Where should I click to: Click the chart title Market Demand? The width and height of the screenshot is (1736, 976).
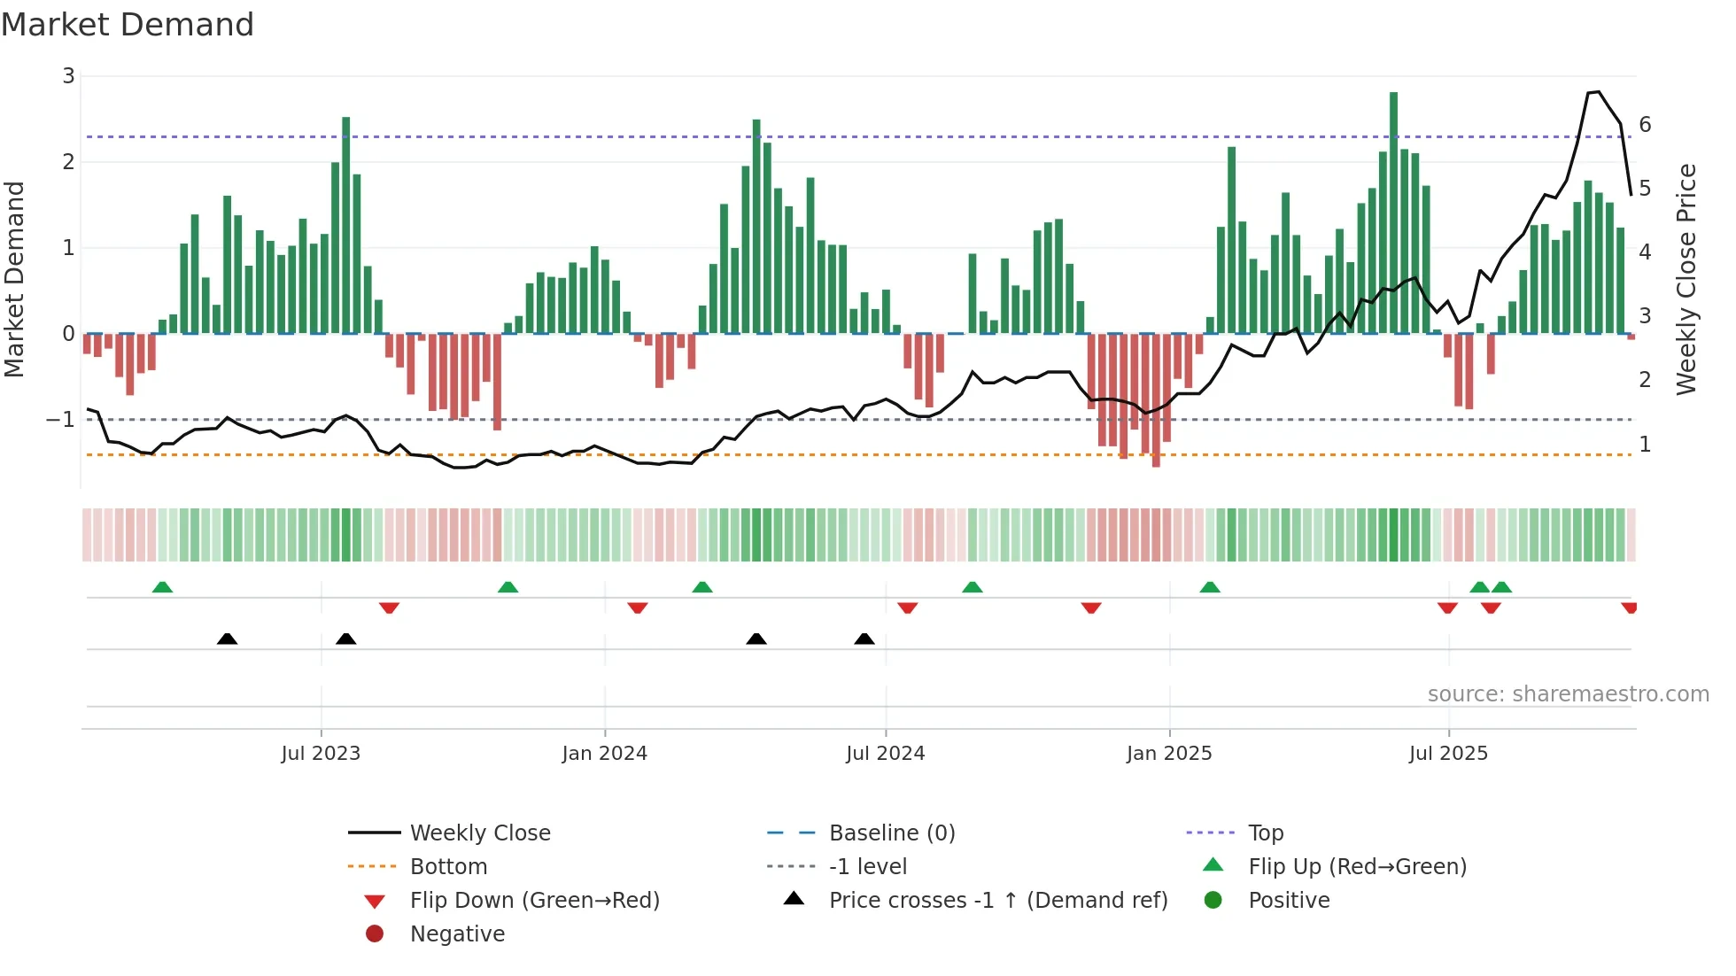(128, 25)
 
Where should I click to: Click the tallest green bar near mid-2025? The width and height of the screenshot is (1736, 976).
(1393, 213)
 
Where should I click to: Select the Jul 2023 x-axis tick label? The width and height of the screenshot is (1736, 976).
(321, 754)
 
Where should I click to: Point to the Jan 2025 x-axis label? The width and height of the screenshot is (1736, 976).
(1169, 754)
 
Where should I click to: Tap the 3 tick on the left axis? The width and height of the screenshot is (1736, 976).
(68, 76)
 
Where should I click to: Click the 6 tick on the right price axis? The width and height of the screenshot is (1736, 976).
(1645, 125)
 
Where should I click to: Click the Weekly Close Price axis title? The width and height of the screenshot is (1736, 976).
(1686, 279)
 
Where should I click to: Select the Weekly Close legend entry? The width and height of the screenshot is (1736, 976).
(479, 833)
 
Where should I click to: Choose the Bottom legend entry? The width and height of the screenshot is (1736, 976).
(448, 867)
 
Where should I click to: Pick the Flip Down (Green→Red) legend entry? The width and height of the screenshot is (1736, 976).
(534, 901)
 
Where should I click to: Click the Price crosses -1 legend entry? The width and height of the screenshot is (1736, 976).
(997, 901)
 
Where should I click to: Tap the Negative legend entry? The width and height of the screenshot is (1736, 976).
(457, 934)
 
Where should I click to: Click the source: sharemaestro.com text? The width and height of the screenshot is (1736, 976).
(1568, 694)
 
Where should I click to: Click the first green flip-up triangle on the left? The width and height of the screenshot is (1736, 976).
(162, 587)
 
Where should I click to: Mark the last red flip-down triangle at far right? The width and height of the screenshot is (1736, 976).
(1629, 608)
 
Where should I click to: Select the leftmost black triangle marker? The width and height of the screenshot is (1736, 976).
(227, 639)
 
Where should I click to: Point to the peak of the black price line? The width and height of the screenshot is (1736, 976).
(1598, 92)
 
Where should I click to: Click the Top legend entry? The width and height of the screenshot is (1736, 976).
(1265, 833)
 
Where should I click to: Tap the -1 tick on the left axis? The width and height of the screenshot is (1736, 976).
(60, 420)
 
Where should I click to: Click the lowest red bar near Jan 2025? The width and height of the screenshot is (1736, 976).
(1156, 400)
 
